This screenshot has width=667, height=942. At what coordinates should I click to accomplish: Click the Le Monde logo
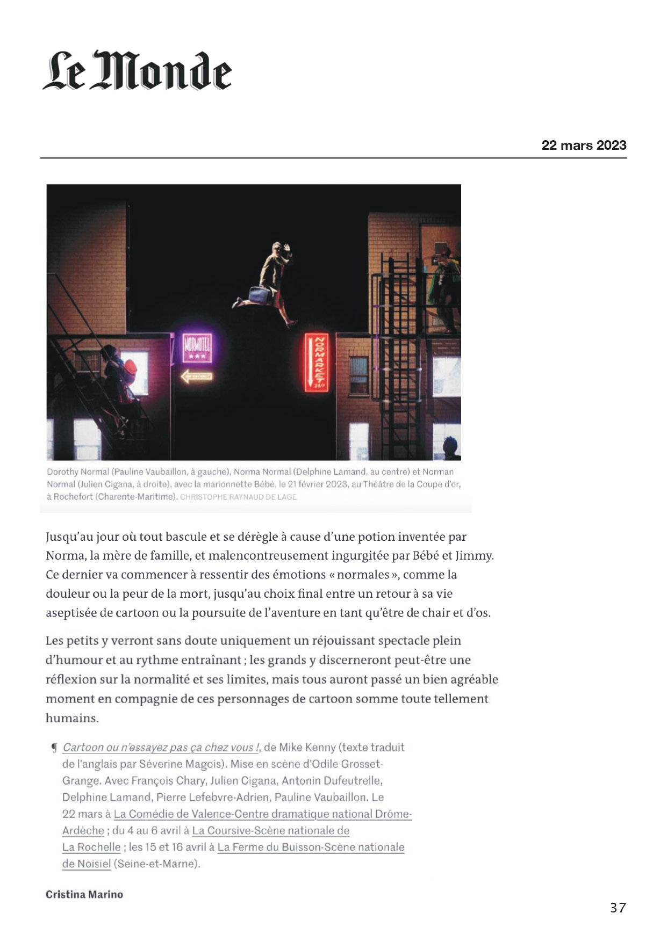click(137, 70)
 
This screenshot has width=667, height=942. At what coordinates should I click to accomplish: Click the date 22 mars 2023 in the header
click(584, 146)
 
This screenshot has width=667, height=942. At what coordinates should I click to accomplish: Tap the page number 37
click(618, 907)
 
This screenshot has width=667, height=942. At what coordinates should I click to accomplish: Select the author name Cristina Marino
click(84, 894)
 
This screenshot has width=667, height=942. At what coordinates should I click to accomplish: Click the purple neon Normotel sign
click(197, 348)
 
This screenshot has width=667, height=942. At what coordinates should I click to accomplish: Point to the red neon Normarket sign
click(317, 363)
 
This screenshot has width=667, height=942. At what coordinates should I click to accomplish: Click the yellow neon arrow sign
click(197, 376)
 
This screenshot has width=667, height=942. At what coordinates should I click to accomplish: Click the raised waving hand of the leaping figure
click(287, 248)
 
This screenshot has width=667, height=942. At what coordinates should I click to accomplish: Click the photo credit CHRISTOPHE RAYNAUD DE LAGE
click(238, 497)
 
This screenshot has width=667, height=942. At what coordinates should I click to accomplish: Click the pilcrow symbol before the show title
click(54, 748)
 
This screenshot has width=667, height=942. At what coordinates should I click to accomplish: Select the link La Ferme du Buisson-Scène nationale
click(311, 847)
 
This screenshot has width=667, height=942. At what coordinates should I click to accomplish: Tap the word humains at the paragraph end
click(72, 718)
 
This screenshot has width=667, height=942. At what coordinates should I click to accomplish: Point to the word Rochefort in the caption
click(73, 497)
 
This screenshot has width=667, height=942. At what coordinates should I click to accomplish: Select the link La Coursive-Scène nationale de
click(271, 830)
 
